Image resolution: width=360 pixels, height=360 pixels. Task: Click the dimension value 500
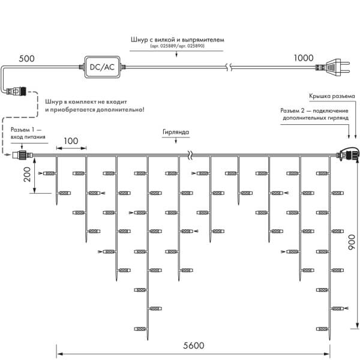(28, 59)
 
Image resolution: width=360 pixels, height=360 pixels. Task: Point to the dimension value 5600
(193, 345)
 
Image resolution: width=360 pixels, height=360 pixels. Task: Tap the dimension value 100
(71, 140)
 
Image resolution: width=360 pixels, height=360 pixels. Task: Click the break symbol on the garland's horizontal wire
(189, 157)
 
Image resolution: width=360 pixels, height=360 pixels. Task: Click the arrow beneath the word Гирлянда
(176, 140)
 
